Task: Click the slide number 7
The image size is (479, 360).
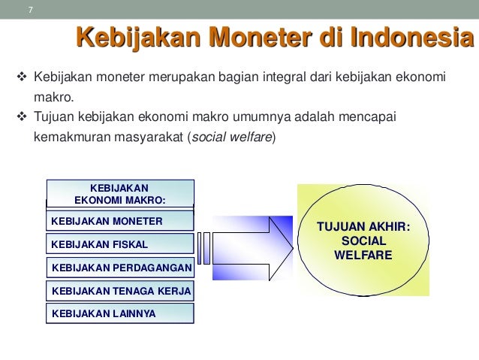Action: coord(30,10)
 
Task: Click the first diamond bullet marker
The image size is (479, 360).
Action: coord(21,78)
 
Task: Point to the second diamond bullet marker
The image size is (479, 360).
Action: coord(21,118)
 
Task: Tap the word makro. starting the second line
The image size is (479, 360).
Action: coord(53,98)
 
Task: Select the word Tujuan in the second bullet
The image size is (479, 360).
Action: coord(53,118)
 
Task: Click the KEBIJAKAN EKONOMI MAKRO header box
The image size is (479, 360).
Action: coord(120,193)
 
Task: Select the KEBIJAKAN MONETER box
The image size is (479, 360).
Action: coord(120,222)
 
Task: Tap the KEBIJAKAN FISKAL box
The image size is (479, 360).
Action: coord(120,245)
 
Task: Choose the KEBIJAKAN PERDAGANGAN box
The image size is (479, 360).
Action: coord(120,268)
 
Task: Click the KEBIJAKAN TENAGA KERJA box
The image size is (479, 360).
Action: coord(120,291)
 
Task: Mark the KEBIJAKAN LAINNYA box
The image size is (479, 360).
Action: coord(120,313)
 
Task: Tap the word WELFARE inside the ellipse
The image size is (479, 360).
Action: coord(364,256)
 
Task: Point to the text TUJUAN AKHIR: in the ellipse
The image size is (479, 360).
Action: coord(364,227)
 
